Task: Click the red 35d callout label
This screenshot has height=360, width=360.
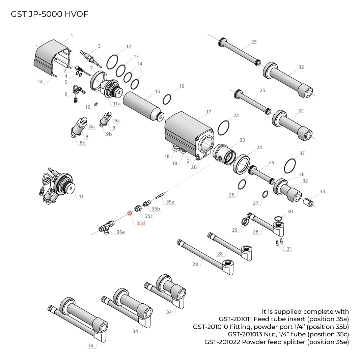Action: [x=141, y=223]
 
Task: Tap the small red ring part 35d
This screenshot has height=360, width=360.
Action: [x=129, y=213]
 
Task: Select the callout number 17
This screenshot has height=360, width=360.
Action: [x=209, y=112]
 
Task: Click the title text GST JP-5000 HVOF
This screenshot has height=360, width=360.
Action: [x=50, y=14]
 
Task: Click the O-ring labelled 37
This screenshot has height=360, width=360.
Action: [x=290, y=166]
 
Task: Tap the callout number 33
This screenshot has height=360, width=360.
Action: [x=322, y=192]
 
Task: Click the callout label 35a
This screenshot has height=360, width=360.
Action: [x=170, y=202]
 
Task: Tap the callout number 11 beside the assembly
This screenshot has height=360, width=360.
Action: [x=81, y=196]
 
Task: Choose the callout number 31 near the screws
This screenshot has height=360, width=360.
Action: [x=289, y=249]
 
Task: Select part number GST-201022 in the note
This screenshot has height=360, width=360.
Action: [x=222, y=342]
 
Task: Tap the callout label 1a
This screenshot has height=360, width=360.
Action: [x=40, y=81]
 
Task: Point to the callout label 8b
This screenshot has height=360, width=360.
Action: [x=82, y=143]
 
